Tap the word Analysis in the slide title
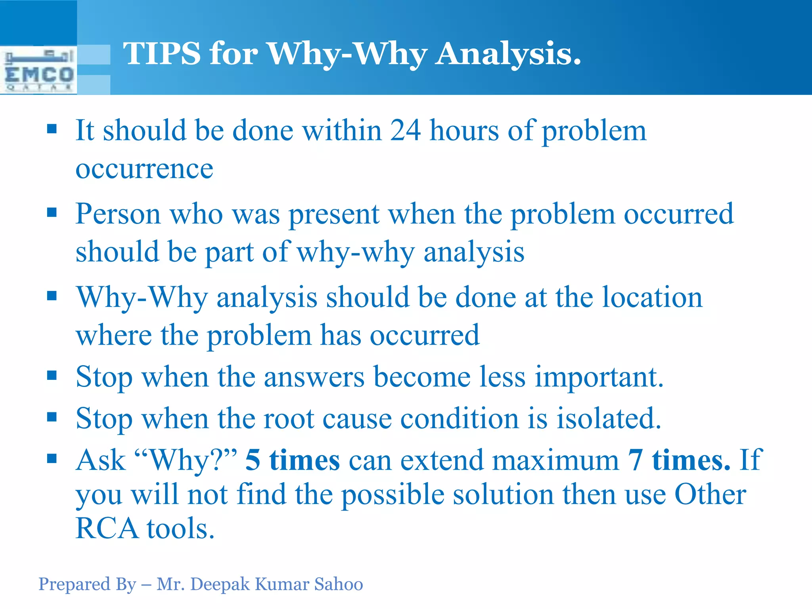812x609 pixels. pos(508,54)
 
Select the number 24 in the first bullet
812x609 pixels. pos(405,130)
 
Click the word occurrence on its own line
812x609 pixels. pos(144,169)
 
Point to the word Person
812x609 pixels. pos(118,214)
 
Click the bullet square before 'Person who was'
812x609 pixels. pos(52,213)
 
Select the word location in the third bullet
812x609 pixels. pos(652,297)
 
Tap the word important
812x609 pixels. pos(599,377)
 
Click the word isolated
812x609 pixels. pos(609,419)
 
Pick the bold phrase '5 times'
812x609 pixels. pos(292,460)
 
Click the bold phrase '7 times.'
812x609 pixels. pos(679,460)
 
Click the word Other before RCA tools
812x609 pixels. pos(710,495)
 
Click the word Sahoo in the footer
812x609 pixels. pos(338,584)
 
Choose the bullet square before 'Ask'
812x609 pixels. pos(52,459)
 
